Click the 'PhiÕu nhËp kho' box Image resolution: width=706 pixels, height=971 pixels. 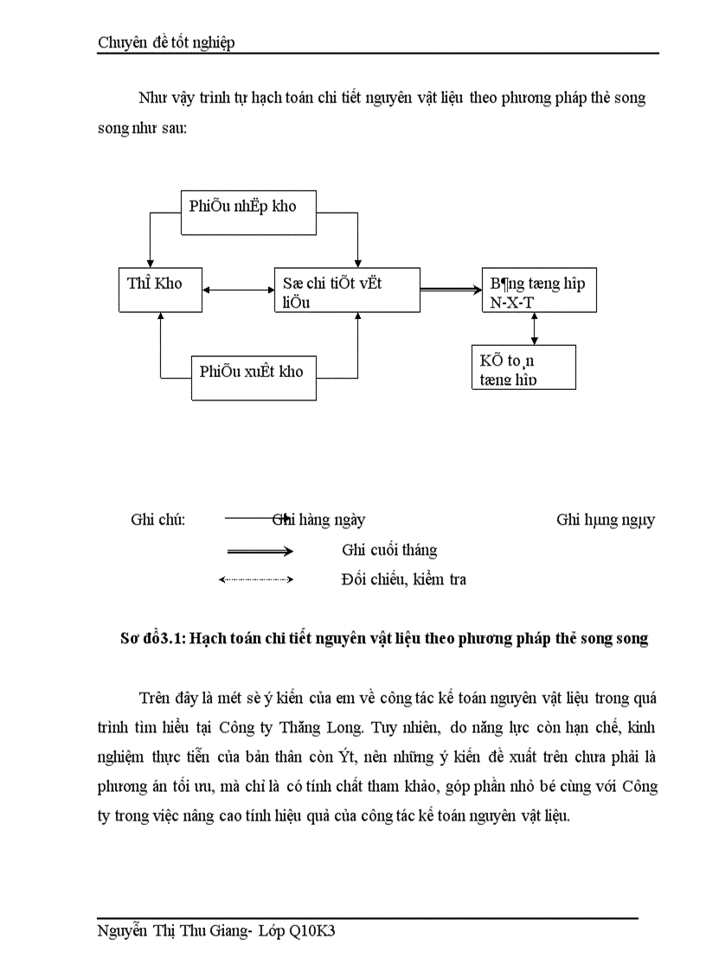[x=238, y=211]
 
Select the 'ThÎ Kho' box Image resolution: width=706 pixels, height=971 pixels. [x=159, y=289]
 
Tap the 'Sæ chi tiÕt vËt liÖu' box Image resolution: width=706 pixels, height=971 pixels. [x=347, y=290]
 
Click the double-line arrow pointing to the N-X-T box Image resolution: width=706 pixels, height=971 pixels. [x=450, y=290]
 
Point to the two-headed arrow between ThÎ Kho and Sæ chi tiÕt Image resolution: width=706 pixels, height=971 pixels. [x=239, y=290]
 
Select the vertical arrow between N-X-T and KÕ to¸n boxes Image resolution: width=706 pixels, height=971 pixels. [x=535, y=329]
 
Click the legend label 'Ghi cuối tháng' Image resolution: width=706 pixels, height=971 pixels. [x=389, y=550]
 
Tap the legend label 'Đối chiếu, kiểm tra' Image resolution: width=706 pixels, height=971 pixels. [x=403, y=579]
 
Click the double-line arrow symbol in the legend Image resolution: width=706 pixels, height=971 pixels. [x=260, y=551]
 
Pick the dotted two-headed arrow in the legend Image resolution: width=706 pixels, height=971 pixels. [x=257, y=579]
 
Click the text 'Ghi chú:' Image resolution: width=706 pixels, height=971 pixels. [x=158, y=520]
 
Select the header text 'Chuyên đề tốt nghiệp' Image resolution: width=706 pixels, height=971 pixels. [x=166, y=43]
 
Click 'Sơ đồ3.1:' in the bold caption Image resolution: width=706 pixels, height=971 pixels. [x=152, y=639]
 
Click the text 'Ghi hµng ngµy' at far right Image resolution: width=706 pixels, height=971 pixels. [x=605, y=520]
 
